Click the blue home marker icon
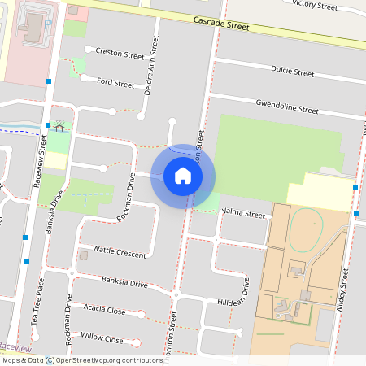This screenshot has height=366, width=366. (x=182, y=176)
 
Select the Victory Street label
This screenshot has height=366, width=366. (x=314, y=6)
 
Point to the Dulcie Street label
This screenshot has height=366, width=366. (x=292, y=72)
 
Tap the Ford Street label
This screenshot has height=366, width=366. (x=115, y=83)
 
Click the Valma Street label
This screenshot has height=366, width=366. (x=244, y=215)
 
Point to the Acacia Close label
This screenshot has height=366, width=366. (x=105, y=310)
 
